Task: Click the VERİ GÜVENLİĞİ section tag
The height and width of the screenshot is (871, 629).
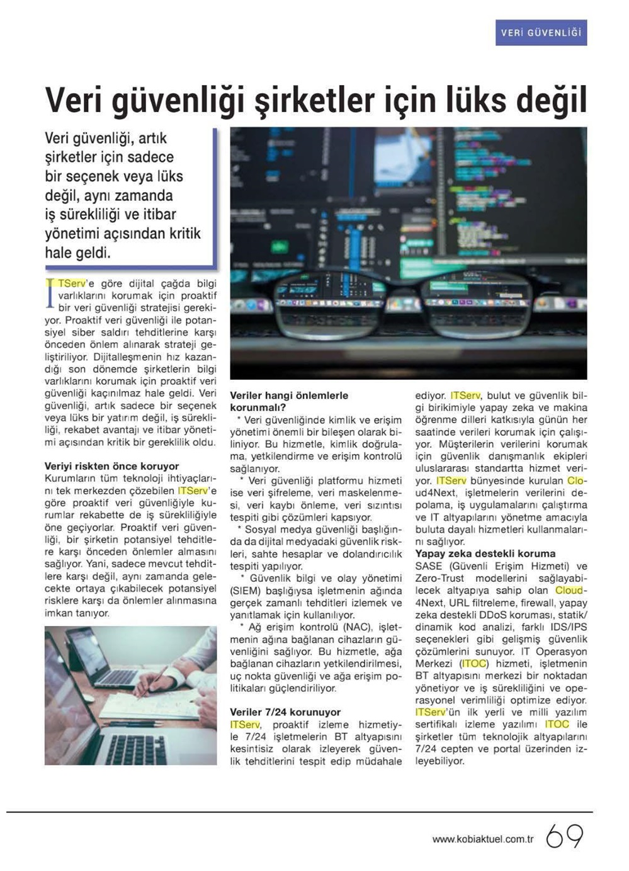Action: (x=541, y=32)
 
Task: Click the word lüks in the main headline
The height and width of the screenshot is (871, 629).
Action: (x=463, y=100)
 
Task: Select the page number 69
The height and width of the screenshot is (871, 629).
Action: (x=564, y=836)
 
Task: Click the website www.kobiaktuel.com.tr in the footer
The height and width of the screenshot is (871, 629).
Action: (x=483, y=839)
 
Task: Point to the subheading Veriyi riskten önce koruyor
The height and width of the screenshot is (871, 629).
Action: (x=111, y=466)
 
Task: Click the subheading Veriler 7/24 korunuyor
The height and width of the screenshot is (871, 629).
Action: (x=285, y=712)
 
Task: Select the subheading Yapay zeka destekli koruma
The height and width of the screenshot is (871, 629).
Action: (x=485, y=554)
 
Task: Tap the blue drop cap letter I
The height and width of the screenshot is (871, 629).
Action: (x=50, y=294)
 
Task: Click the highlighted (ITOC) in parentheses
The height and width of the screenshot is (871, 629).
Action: (x=473, y=663)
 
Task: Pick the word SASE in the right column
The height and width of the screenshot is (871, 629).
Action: (x=429, y=566)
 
